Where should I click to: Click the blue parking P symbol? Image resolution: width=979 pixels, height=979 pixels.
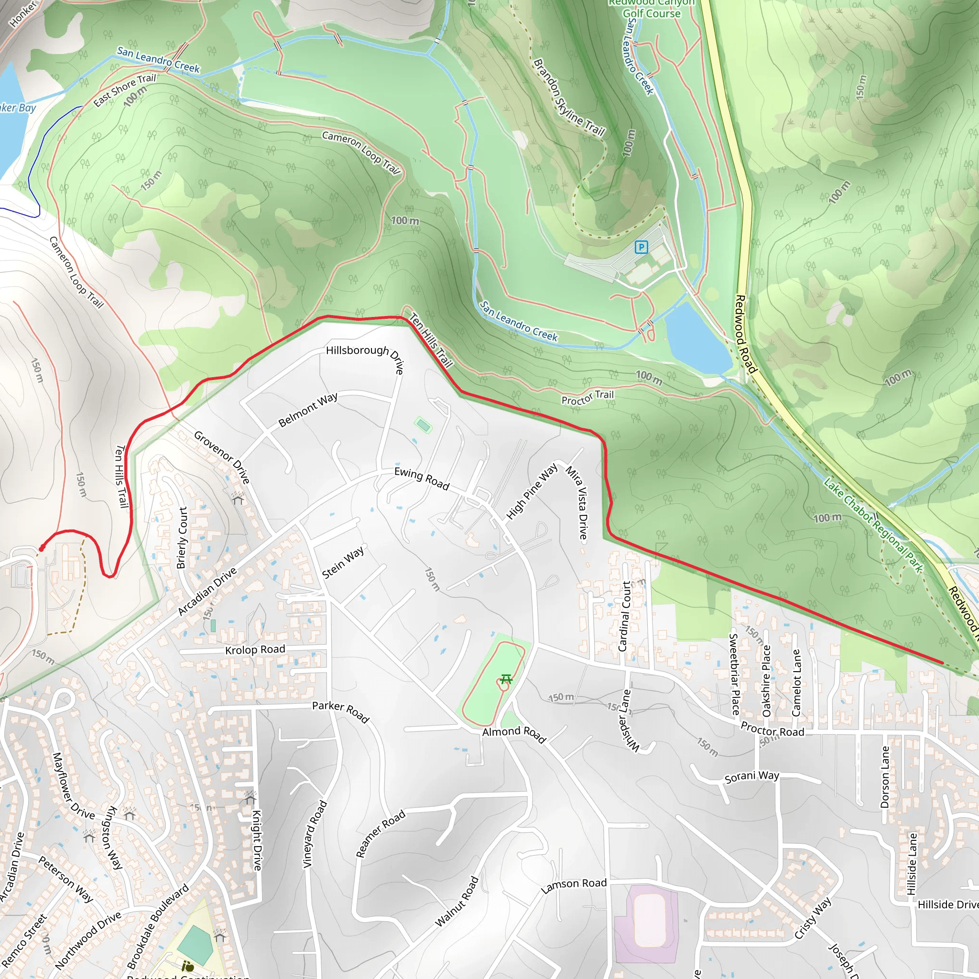coord(641,247)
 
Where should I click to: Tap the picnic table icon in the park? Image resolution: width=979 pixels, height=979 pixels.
coord(505,679)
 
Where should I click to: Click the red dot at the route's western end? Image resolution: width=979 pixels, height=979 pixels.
coord(42,548)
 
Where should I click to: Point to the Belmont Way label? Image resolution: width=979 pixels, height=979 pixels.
coord(308,410)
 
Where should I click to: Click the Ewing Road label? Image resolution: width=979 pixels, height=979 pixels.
coord(422,479)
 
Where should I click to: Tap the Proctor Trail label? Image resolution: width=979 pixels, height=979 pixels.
coord(587,398)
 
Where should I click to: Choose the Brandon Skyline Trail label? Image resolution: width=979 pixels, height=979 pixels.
coord(569,98)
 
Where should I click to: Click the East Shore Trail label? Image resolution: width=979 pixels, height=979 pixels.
coord(125,90)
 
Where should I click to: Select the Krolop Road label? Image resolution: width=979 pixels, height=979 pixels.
coord(255,650)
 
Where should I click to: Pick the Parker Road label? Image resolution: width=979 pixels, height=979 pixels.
coord(340,711)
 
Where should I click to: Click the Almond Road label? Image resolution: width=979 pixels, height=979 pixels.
coord(514,733)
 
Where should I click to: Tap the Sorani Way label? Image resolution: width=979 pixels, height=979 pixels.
coord(752,776)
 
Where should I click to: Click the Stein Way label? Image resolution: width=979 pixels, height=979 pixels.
coord(343,563)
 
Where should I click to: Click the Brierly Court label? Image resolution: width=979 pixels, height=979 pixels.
coord(183,538)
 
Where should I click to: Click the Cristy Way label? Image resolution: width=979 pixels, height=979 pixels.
coord(813,918)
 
